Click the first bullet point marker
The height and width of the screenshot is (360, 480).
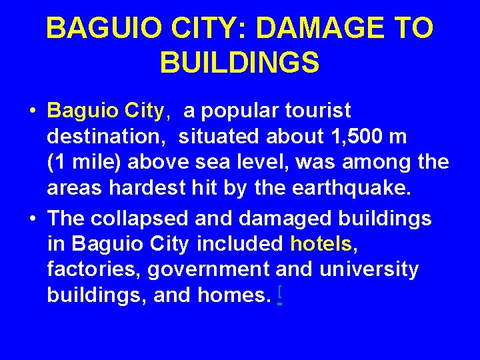(33, 111)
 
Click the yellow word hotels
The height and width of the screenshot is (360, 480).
(321, 244)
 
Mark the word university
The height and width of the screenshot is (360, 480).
(369, 269)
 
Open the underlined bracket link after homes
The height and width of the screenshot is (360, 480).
(279, 294)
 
